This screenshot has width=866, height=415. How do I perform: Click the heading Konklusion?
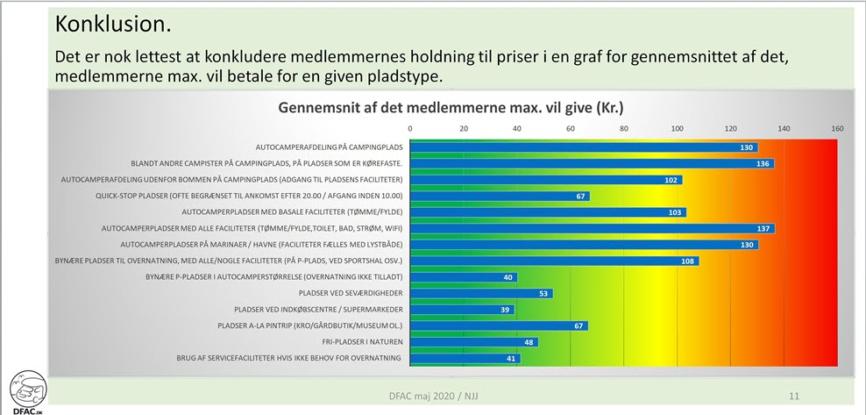(112, 23)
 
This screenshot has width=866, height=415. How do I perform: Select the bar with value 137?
(592, 228)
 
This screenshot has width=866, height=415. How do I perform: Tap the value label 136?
(762, 163)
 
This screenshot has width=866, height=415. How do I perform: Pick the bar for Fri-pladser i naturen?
(473, 342)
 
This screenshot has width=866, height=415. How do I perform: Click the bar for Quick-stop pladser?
(500, 196)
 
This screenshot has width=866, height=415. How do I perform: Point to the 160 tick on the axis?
(837, 129)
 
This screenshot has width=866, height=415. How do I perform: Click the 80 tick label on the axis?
(624, 129)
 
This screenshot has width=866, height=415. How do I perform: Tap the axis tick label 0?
(410, 129)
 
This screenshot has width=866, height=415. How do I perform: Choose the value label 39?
(504, 310)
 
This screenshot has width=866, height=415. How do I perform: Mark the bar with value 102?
(545, 180)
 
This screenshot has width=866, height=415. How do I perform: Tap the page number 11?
(794, 395)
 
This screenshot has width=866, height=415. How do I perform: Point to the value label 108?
(687, 261)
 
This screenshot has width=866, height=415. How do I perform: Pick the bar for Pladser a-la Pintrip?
(499, 326)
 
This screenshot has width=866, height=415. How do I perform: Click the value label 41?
(510, 358)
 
